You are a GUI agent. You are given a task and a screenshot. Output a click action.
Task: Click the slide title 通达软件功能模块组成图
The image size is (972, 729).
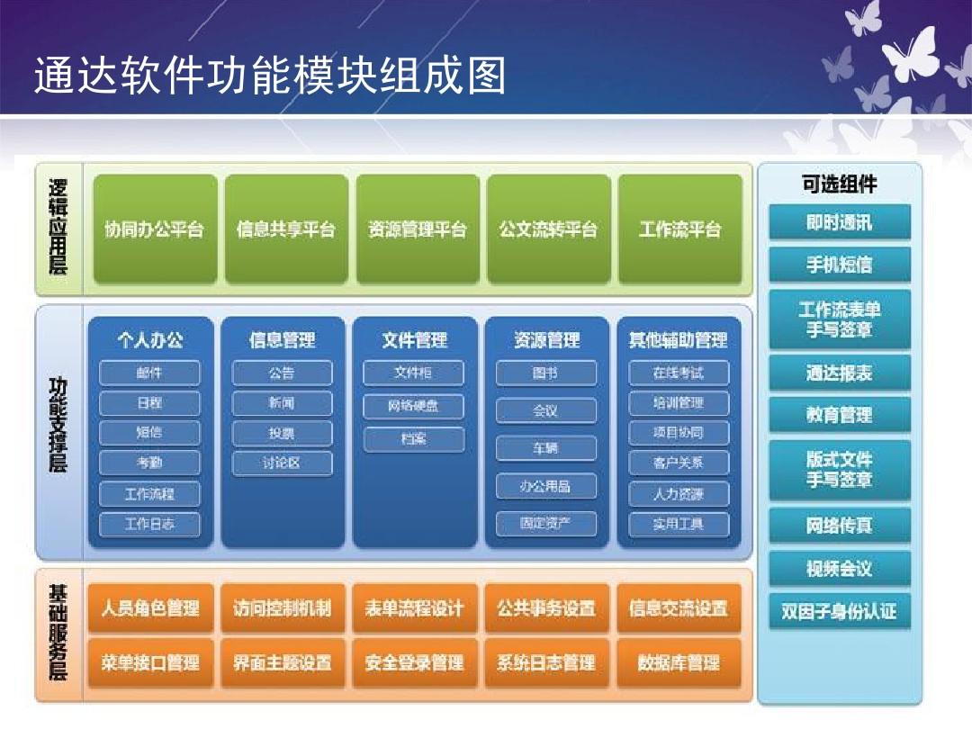270,76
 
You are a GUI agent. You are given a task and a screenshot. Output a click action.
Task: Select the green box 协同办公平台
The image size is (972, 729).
155,229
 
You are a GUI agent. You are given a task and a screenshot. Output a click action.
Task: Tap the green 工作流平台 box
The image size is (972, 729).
680,229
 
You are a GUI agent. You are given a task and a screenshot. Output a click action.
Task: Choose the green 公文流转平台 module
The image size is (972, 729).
549,229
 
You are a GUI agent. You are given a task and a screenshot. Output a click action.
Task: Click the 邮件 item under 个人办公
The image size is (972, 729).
149,373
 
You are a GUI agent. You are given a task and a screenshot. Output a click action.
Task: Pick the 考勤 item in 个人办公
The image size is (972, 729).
149,463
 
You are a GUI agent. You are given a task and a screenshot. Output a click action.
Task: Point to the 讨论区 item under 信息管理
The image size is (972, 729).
282,463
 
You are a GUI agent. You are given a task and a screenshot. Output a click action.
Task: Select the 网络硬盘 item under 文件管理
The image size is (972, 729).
413,406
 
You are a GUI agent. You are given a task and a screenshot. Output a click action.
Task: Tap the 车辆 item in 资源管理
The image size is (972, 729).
546,448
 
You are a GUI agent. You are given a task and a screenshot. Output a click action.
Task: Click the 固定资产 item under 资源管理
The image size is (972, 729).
546,524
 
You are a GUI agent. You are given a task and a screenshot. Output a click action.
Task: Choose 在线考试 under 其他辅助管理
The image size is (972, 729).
679,373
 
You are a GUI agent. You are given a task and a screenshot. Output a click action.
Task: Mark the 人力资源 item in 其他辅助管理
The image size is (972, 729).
679,494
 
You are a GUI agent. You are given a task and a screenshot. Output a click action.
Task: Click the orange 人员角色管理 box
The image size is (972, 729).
150,608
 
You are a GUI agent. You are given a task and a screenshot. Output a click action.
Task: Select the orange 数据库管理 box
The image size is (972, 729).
679,663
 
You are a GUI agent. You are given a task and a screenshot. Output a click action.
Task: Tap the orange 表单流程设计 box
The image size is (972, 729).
415,608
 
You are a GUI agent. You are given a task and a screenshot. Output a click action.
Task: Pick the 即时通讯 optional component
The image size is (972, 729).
840,222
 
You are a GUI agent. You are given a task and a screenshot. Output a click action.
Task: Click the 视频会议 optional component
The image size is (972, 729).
840,569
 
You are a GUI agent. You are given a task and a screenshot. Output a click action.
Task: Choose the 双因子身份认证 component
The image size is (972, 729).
840,612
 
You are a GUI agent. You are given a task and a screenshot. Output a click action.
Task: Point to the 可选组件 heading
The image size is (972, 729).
840,184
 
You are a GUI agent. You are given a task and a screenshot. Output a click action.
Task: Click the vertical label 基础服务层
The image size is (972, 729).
58,634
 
